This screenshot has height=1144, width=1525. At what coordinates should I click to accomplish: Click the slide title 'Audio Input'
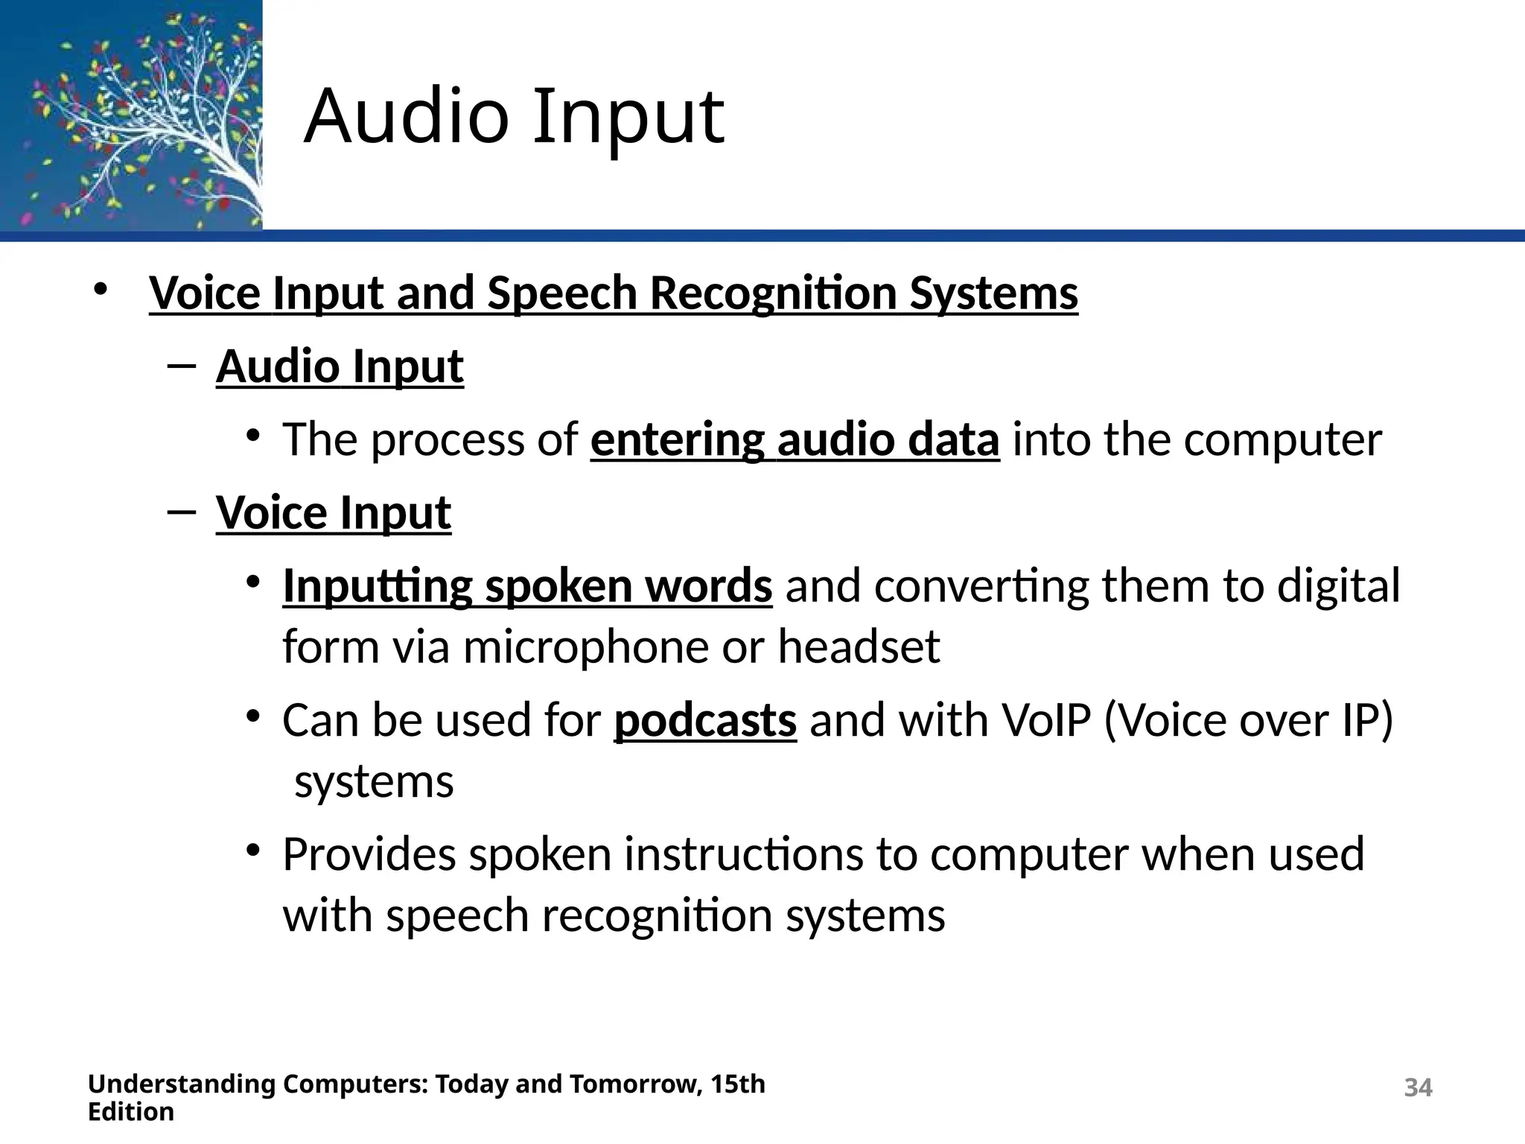pyautogui.click(x=514, y=117)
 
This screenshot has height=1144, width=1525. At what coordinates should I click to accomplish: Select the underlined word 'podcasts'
pyautogui.click(x=704, y=721)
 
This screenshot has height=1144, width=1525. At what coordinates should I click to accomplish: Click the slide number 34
pyautogui.click(x=1417, y=1087)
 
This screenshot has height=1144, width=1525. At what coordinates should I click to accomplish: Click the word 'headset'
pyautogui.click(x=859, y=646)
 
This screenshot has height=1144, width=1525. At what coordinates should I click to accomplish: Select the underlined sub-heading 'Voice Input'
pyautogui.click(x=334, y=513)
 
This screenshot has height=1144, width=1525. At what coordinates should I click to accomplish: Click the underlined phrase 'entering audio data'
pyautogui.click(x=795, y=439)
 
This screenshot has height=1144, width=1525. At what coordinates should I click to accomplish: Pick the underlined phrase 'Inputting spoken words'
pyautogui.click(x=527, y=586)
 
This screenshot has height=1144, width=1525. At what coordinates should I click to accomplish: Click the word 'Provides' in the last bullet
pyautogui.click(x=369, y=854)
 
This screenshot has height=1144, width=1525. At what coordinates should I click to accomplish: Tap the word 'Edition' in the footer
pyautogui.click(x=131, y=1112)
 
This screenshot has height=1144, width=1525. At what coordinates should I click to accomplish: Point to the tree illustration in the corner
pyautogui.click(x=131, y=115)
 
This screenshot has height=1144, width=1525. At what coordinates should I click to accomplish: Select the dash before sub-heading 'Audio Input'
pyautogui.click(x=181, y=366)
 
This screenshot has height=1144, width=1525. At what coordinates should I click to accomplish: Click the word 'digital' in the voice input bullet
pyautogui.click(x=1338, y=586)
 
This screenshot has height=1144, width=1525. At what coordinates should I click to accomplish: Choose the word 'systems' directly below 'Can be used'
pyautogui.click(x=374, y=782)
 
